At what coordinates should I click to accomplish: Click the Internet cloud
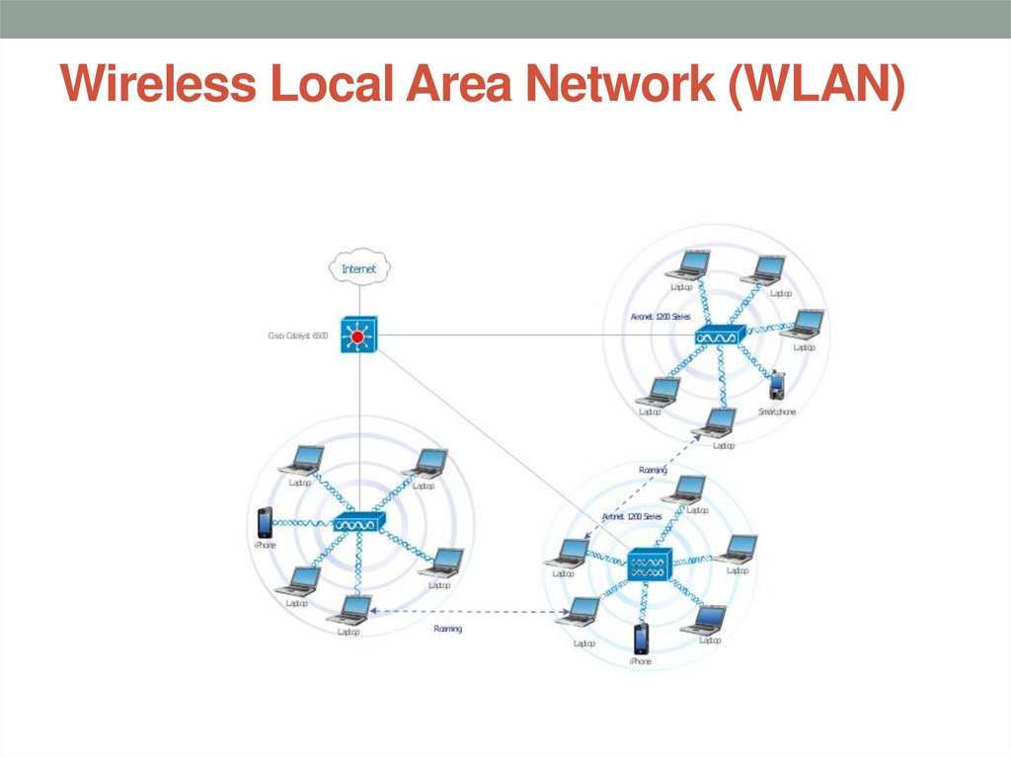(360, 267)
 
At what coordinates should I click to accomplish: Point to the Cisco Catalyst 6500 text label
(297, 336)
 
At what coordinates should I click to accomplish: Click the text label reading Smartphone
(776, 411)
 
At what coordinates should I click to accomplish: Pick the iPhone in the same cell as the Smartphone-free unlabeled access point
(264, 522)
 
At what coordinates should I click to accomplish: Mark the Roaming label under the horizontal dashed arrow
(447, 629)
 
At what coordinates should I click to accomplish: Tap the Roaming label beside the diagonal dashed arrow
(653, 471)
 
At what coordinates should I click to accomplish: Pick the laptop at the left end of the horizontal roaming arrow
(350, 609)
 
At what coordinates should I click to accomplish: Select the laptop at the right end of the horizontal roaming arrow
(579, 611)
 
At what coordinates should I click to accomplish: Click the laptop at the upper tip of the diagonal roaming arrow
(718, 421)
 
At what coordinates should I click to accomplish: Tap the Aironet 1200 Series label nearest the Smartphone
(661, 317)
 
